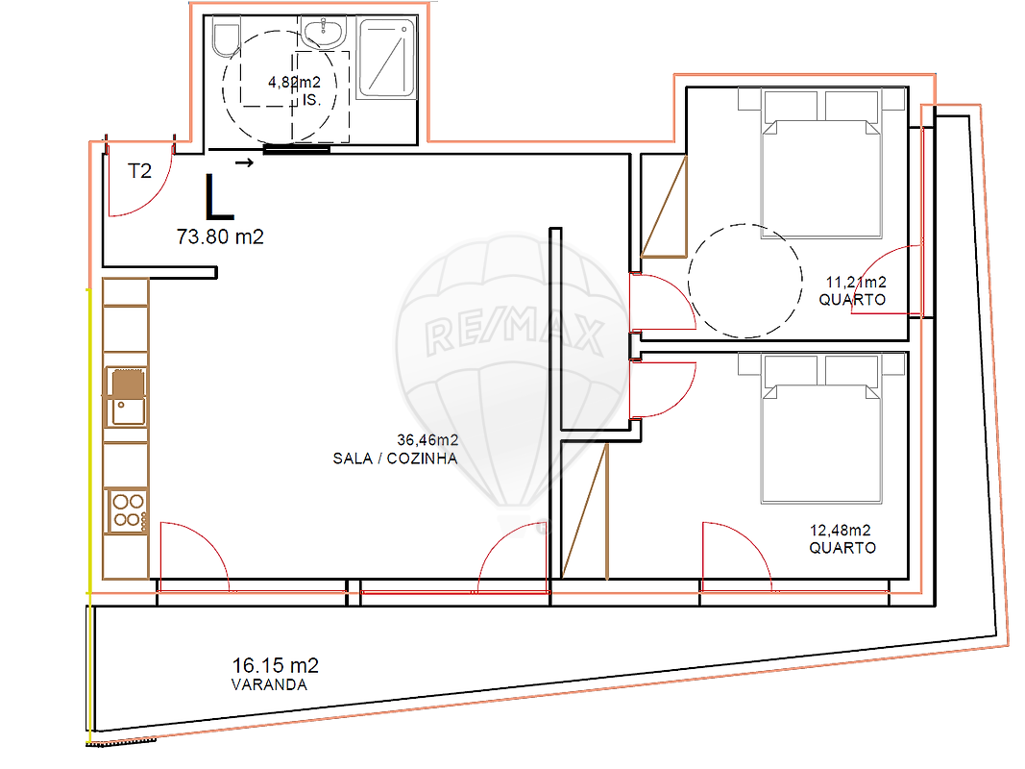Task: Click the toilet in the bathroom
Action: pyautogui.click(x=226, y=40)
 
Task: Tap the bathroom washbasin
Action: pyautogui.click(x=323, y=34)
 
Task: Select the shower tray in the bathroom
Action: pyautogui.click(x=386, y=59)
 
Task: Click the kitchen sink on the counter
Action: pyautogui.click(x=127, y=397)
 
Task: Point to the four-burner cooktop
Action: pyautogui.click(x=128, y=510)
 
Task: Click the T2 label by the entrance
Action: pyautogui.click(x=139, y=171)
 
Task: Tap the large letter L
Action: pyautogui.click(x=218, y=197)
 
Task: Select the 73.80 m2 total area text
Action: pyautogui.click(x=220, y=236)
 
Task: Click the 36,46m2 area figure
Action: pyautogui.click(x=427, y=440)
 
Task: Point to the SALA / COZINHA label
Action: pyautogui.click(x=395, y=459)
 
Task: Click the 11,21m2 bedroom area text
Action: pyautogui.click(x=856, y=283)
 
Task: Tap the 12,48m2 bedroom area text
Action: pyautogui.click(x=841, y=531)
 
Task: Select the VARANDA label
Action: pyautogui.click(x=269, y=684)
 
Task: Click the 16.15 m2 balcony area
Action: pyautogui.click(x=275, y=666)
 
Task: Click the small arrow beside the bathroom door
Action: pyautogui.click(x=245, y=162)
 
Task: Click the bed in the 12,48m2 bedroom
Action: pyautogui.click(x=821, y=429)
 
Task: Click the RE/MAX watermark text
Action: pyautogui.click(x=514, y=333)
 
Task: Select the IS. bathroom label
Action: pyautogui.click(x=311, y=100)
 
